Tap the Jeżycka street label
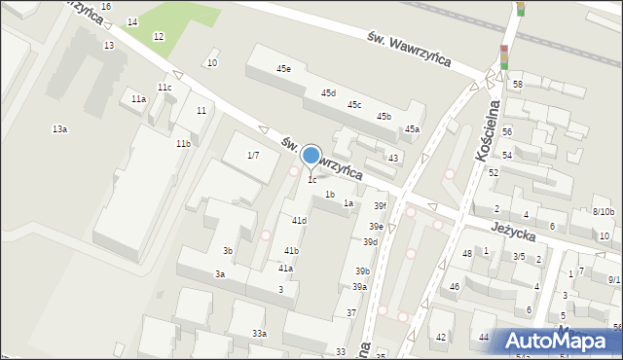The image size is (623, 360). point(515,232)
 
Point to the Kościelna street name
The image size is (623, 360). point(488,126)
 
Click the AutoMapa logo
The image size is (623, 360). point(556,341)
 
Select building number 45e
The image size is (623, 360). point(283,69)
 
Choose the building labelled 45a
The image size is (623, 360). point(412,128)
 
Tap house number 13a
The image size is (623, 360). point(60,129)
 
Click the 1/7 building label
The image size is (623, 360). point(253,155)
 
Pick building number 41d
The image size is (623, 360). point(299,221)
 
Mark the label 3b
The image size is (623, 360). point(227,251)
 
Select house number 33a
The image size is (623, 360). point(259,334)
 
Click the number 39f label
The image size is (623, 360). point(380,206)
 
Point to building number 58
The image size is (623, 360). point(518,85)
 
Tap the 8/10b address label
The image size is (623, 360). point(604,212)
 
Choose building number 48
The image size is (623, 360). point(467,254)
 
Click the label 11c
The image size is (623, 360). point(165,88)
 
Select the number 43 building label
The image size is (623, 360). point(393,158)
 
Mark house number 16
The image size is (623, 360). point(105,7)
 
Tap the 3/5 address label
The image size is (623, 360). point(520,257)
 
